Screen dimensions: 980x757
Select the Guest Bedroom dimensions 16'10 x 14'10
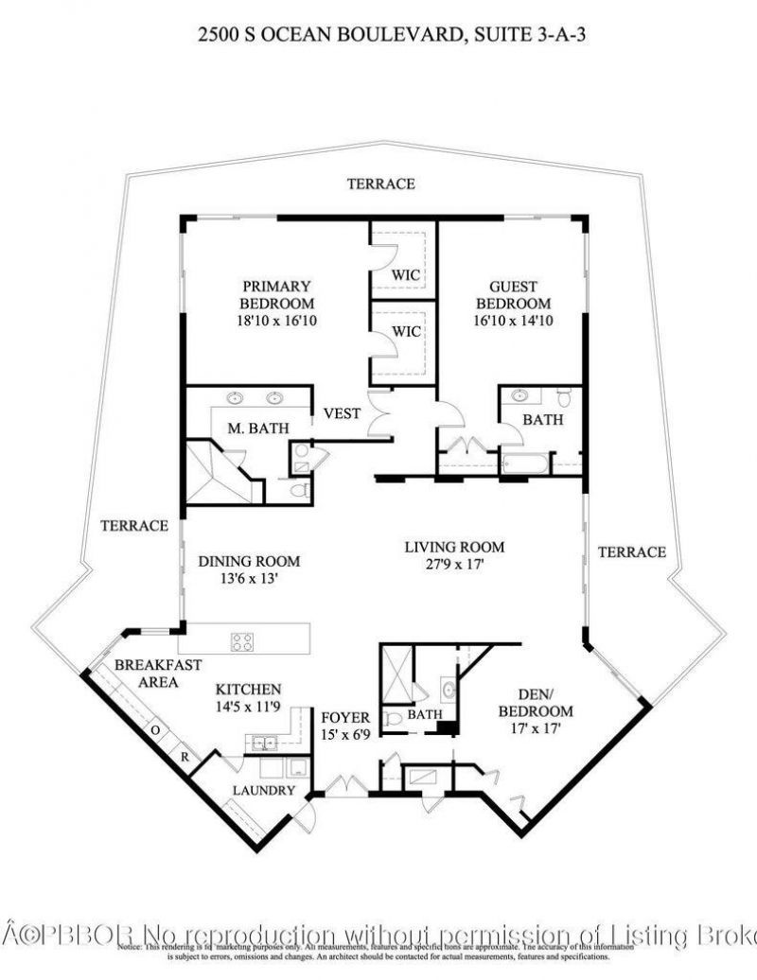pos(512,321)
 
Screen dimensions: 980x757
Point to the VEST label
pos(342,412)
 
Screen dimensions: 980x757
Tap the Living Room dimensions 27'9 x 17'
pos(454,565)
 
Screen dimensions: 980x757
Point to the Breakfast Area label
pos(157,673)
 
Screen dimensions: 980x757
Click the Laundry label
pos(265,790)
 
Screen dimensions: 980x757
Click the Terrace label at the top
pos(380,184)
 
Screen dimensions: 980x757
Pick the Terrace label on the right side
pos(632,551)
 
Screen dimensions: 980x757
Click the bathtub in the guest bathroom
pos(524,464)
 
